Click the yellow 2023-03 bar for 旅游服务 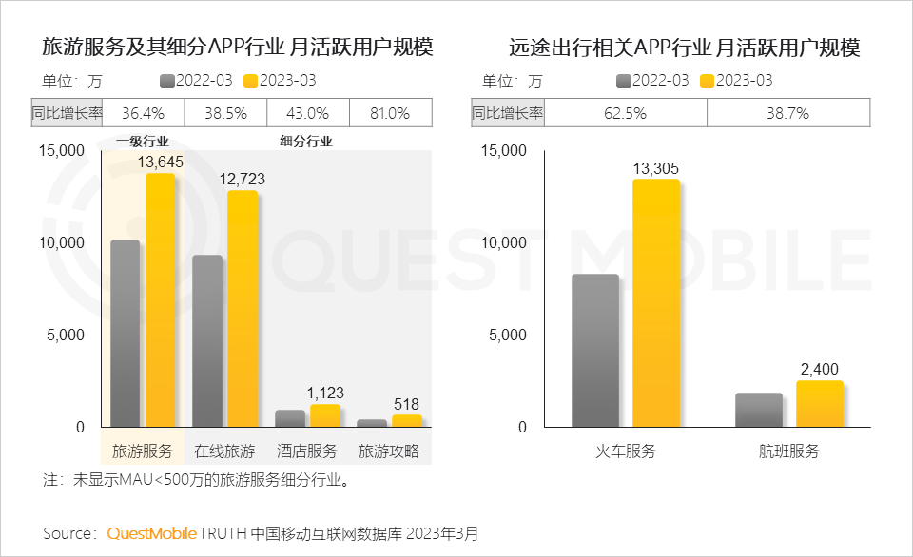click(x=160, y=299)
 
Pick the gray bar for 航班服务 click(x=759, y=410)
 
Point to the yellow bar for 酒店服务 click(x=325, y=415)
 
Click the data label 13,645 click(x=160, y=163)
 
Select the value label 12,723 click(x=242, y=179)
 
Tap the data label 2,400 click(x=820, y=369)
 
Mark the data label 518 click(x=406, y=403)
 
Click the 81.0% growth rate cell click(x=390, y=113)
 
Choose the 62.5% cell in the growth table click(x=626, y=113)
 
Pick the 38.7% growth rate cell click(x=787, y=113)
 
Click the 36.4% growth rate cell click(x=144, y=113)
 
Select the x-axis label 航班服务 click(x=788, y=451)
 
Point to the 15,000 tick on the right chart click(x=504, y=150)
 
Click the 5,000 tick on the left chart click(x=65, y=335)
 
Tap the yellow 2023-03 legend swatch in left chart click(x=251, y=81)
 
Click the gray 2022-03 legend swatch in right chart click(x=624, y=81)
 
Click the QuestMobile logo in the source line click(x=152, y=533)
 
